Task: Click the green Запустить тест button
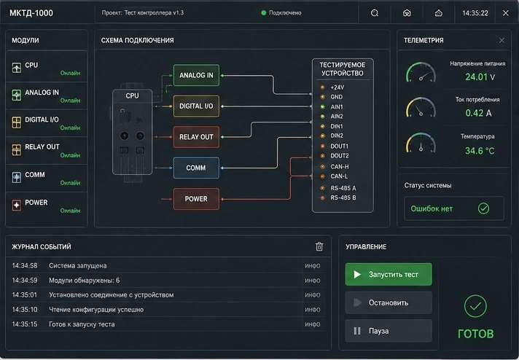pyautogui.click(x=389, y=274)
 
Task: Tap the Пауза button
pyautogui.click(x=389, y=331)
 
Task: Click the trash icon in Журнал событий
pyautogui.click(x=319, y=246)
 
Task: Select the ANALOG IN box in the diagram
pyautogui.click(x=196, y=75)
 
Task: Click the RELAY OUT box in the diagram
pyautogui.click(x=196, y=137)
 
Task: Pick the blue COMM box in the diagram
pyautogui.click(x=196, y=168)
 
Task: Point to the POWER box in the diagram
pyautogui.click(x=196, y=199)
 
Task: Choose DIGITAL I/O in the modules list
pyautogui.click(x=47, y=122)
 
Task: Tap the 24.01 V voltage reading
pyautogui.click(x=480, y=77)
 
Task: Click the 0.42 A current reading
pyautogui.click(x=478, y=113)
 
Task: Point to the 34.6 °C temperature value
pyautogui.click(x=480, y=151)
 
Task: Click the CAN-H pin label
pyautogui.click(x=339, y=166)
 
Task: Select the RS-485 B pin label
pyautogui.click(x=343, y=197)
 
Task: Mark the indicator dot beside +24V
pyautogui.click(x=322, y=87)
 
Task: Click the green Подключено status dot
pyautogui.click(x=264, y=13)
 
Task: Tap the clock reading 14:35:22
pyautogui.click(x=475, y=13)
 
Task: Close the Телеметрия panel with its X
pyautogui.click(x=502, y=40)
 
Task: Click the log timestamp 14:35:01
pyautogui.click(x=25, y=295)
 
